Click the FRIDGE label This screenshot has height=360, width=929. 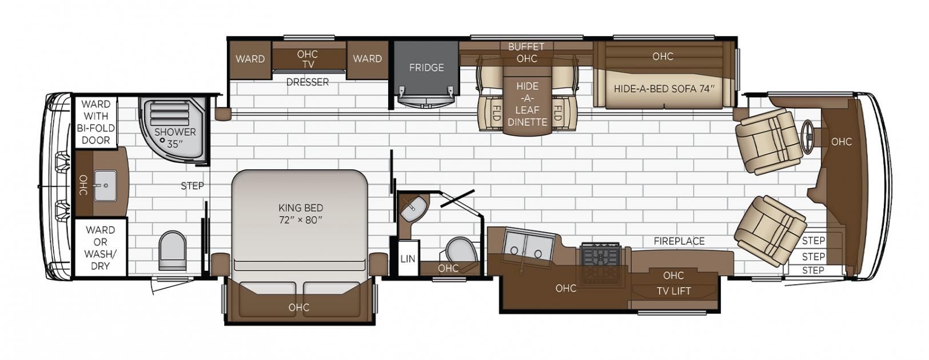point(426,67)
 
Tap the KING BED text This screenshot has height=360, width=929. point(301,208)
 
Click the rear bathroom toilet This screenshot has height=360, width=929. point(173,250)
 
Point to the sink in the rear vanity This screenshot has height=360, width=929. point(105,185)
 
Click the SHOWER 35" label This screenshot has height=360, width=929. point(175,138)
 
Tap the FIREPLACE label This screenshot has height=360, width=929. point(679,241)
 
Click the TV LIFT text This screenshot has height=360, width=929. point(673,291)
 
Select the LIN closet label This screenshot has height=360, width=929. point(408,259)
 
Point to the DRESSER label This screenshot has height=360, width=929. point(308,82)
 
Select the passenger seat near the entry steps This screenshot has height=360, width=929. point(771,231)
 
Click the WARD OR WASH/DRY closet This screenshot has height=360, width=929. point(101,247)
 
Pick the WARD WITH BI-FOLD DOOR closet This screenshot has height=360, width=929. point(96,122)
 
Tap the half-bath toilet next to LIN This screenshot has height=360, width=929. point(460,250)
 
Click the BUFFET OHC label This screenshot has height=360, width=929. point(527,53)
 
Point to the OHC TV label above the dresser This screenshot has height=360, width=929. point(308,59)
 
